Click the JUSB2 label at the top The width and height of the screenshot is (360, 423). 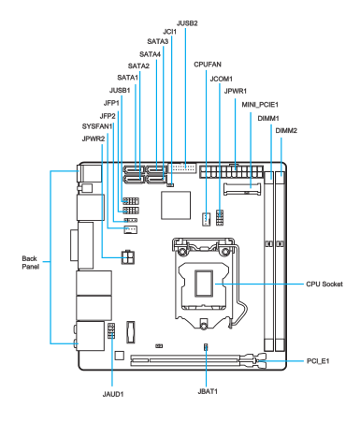pos(187,23)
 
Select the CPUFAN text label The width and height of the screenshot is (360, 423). pos(208,65)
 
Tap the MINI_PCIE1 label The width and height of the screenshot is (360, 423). pos(260,105)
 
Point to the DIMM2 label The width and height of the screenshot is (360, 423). pos(286,130)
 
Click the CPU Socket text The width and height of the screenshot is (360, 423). pos(324,284)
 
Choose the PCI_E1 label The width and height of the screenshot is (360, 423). pos(318,361)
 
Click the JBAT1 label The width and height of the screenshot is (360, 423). pos(208,391)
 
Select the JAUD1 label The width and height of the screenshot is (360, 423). pos(113,394)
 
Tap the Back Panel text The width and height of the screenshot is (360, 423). pos(31,262)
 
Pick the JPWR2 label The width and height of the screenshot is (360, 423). pos(94,139)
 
